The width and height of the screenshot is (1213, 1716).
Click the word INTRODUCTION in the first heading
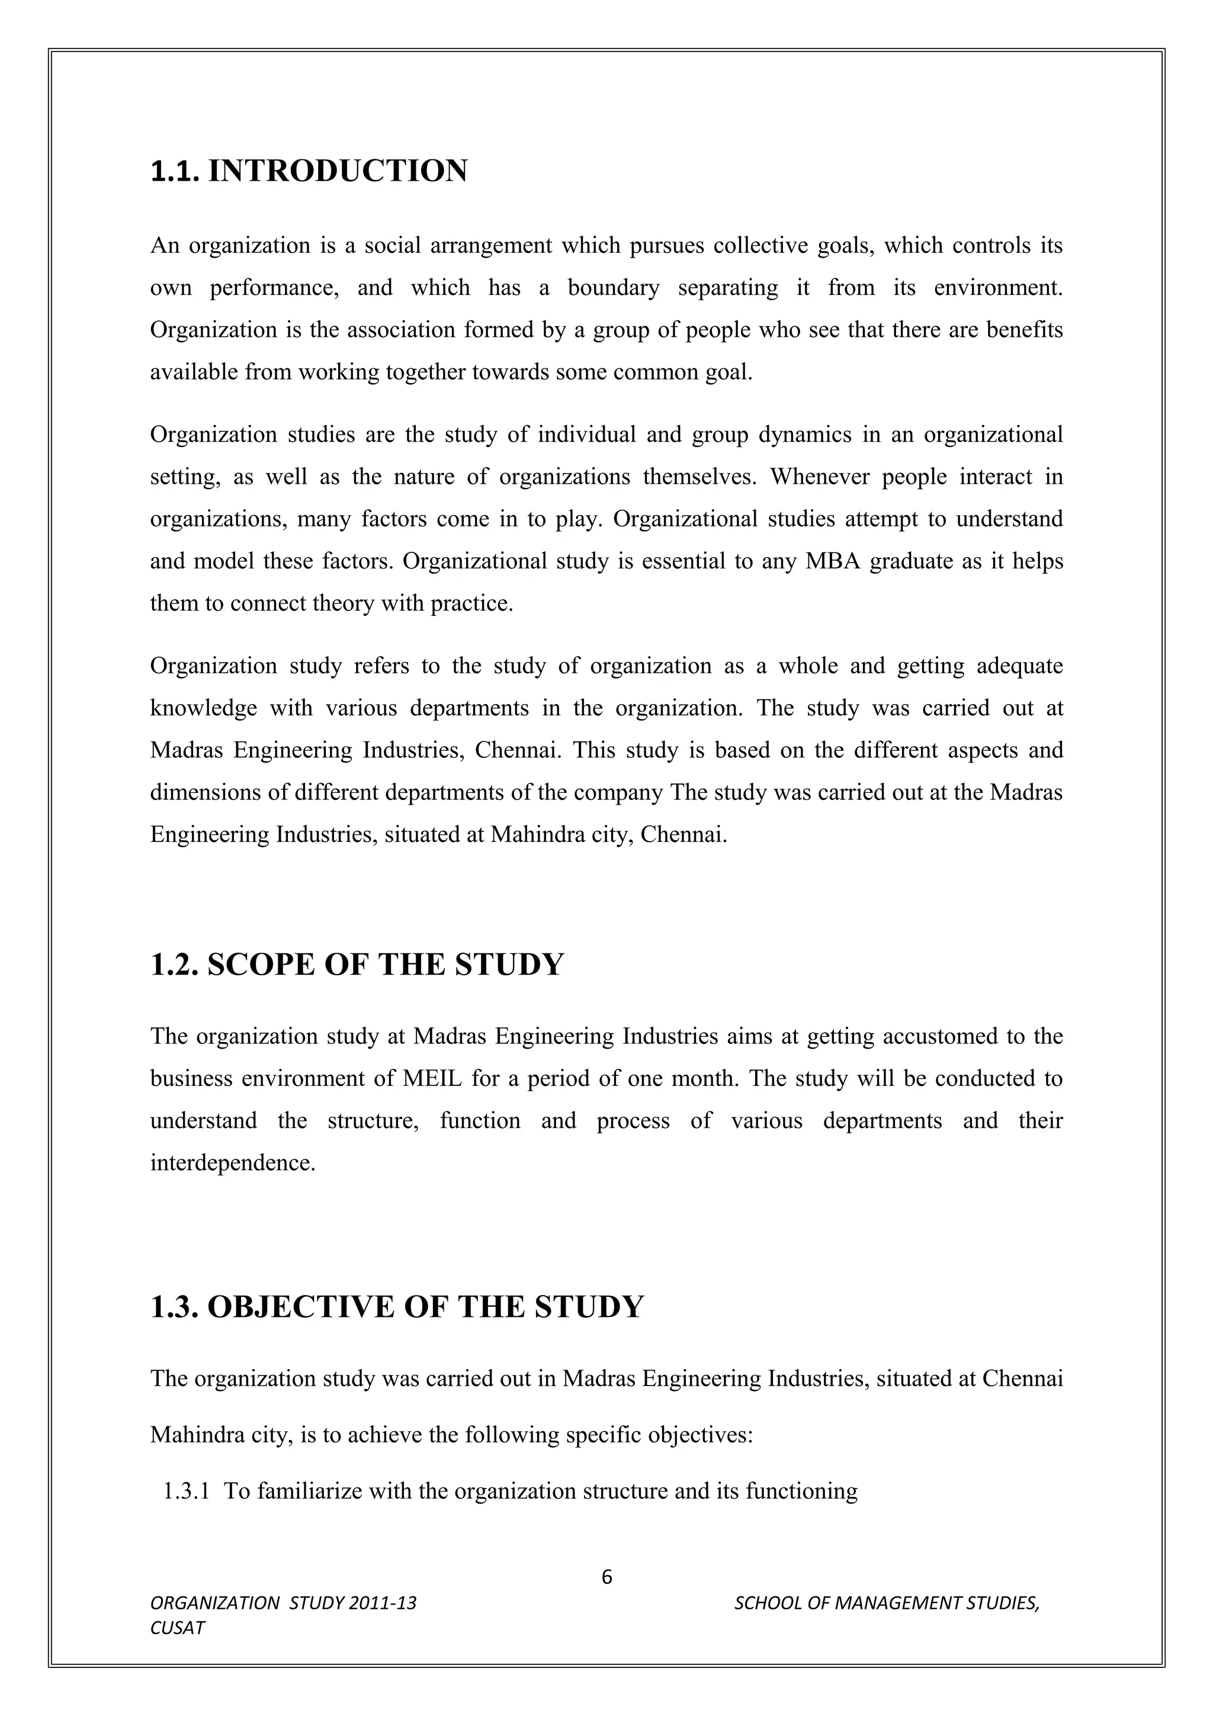tap(337, 171)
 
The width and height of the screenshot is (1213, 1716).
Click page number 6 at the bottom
tap(606, 1577)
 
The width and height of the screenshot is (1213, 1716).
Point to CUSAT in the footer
tap(177, 1628)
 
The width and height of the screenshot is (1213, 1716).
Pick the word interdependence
tap(232, 1163)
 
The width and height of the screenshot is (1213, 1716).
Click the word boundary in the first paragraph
tap(613, 288)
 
